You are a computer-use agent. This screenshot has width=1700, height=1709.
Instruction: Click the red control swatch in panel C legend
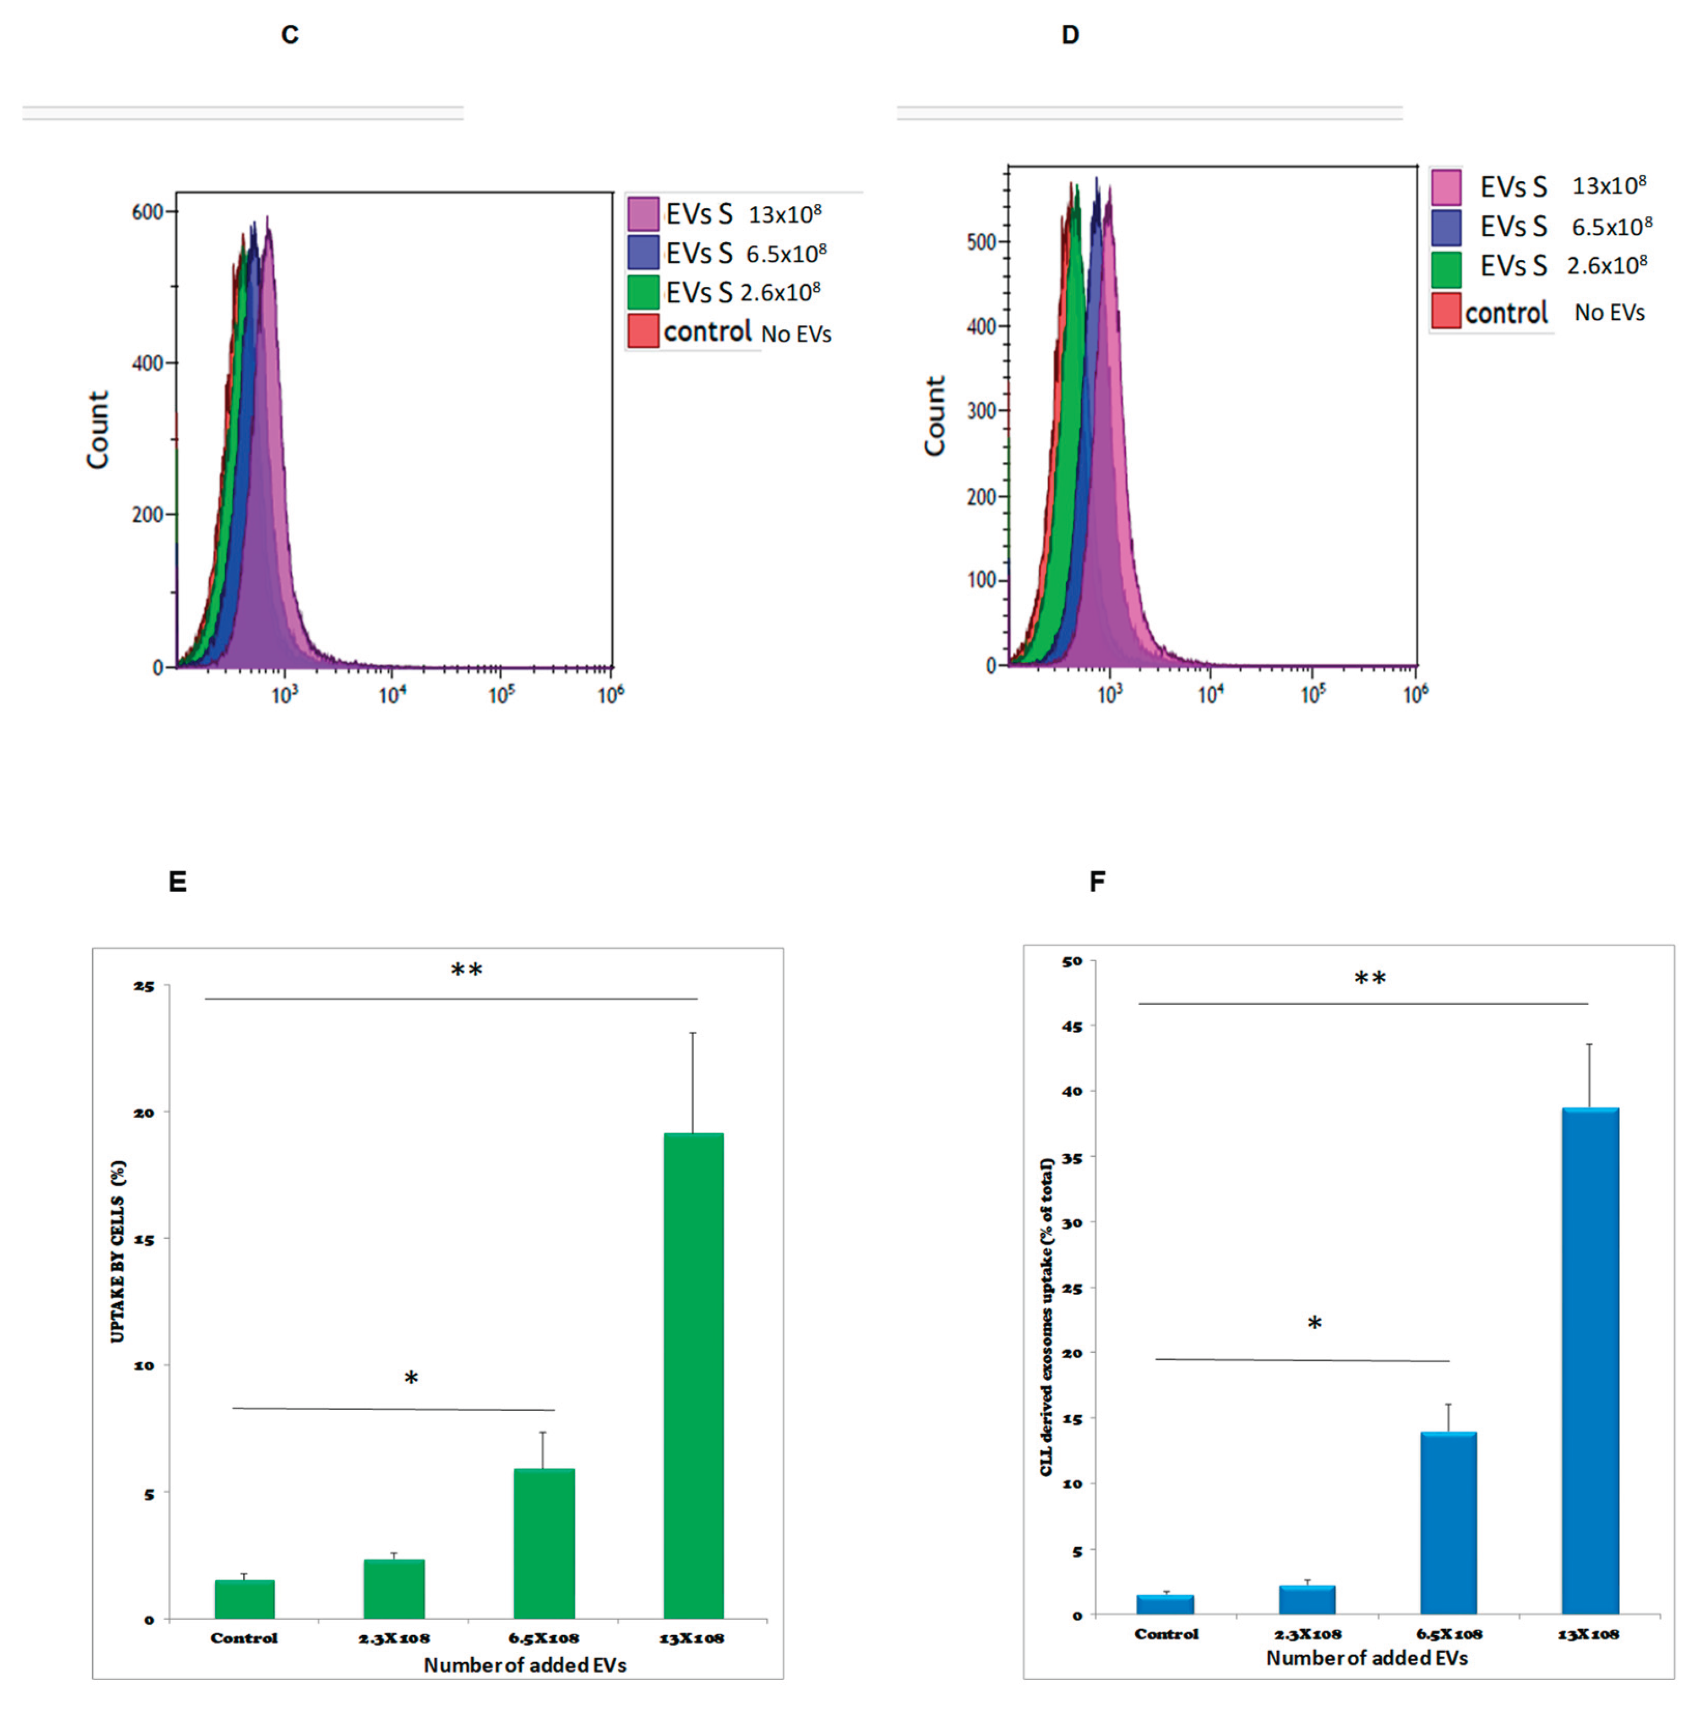click(643, 331)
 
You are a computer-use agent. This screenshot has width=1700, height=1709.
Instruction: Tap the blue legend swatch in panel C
click(643, 252)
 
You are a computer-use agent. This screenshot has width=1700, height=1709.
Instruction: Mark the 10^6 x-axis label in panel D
click(1415, 694)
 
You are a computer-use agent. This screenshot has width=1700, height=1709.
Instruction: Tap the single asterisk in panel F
click(1314, 1324)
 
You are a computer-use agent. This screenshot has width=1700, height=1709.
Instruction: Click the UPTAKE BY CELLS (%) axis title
click(118, 1251)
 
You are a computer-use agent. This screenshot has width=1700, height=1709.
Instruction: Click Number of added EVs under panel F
click(1366, 1658)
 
